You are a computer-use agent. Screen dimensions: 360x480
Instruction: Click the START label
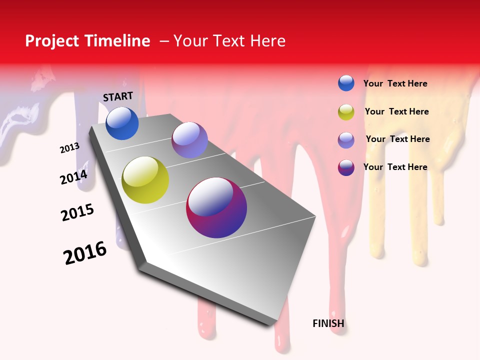point(118,96)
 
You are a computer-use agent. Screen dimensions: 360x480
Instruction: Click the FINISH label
point(328,323)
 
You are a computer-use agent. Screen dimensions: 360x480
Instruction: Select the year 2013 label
point(70,148)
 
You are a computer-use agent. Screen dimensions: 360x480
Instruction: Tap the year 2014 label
point(74,177)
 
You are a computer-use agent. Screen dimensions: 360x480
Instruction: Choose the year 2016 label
point(85,253)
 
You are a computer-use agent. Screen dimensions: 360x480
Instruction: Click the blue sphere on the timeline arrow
point(122,123)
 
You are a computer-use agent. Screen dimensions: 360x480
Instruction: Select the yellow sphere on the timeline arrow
point(145,180)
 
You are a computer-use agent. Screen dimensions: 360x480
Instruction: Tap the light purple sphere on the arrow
point(189,140)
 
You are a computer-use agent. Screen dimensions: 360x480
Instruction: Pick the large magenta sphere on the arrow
point(216,207)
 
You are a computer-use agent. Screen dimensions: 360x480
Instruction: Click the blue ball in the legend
point(346,83)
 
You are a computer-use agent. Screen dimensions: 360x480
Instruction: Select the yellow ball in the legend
point(346,112)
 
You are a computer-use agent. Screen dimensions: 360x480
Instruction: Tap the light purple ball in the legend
point(346,140)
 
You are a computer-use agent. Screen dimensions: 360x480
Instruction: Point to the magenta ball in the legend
point(346,167)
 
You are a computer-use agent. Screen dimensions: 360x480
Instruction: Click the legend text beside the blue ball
point(395,83)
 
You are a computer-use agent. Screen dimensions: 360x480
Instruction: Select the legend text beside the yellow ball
point(396,111)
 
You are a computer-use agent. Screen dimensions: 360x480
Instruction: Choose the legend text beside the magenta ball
point(395,167)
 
